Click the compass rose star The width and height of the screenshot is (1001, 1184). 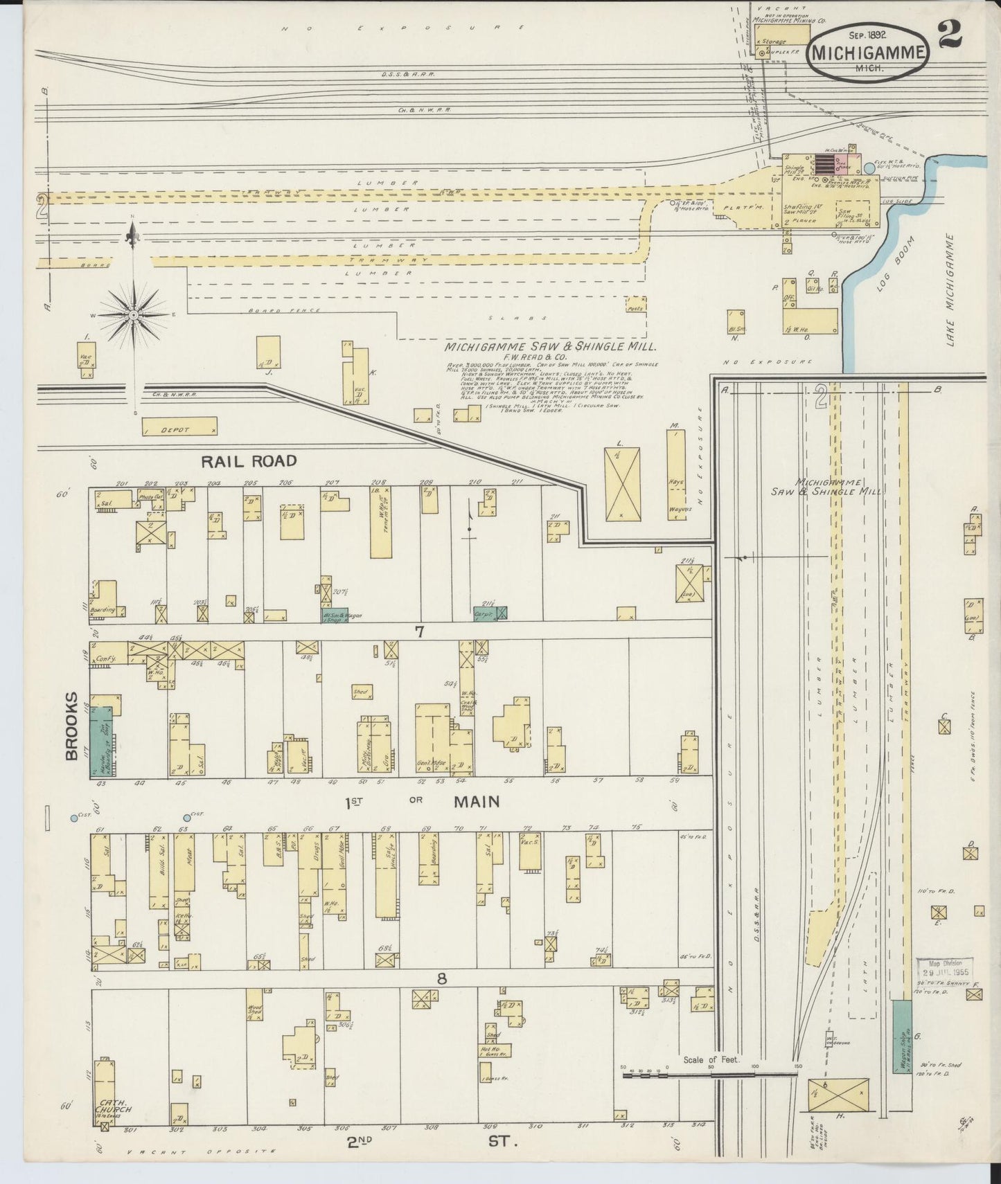pos(136,315)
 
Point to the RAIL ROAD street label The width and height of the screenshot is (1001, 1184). pos(249,461)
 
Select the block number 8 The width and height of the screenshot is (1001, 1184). pos(441,978)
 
